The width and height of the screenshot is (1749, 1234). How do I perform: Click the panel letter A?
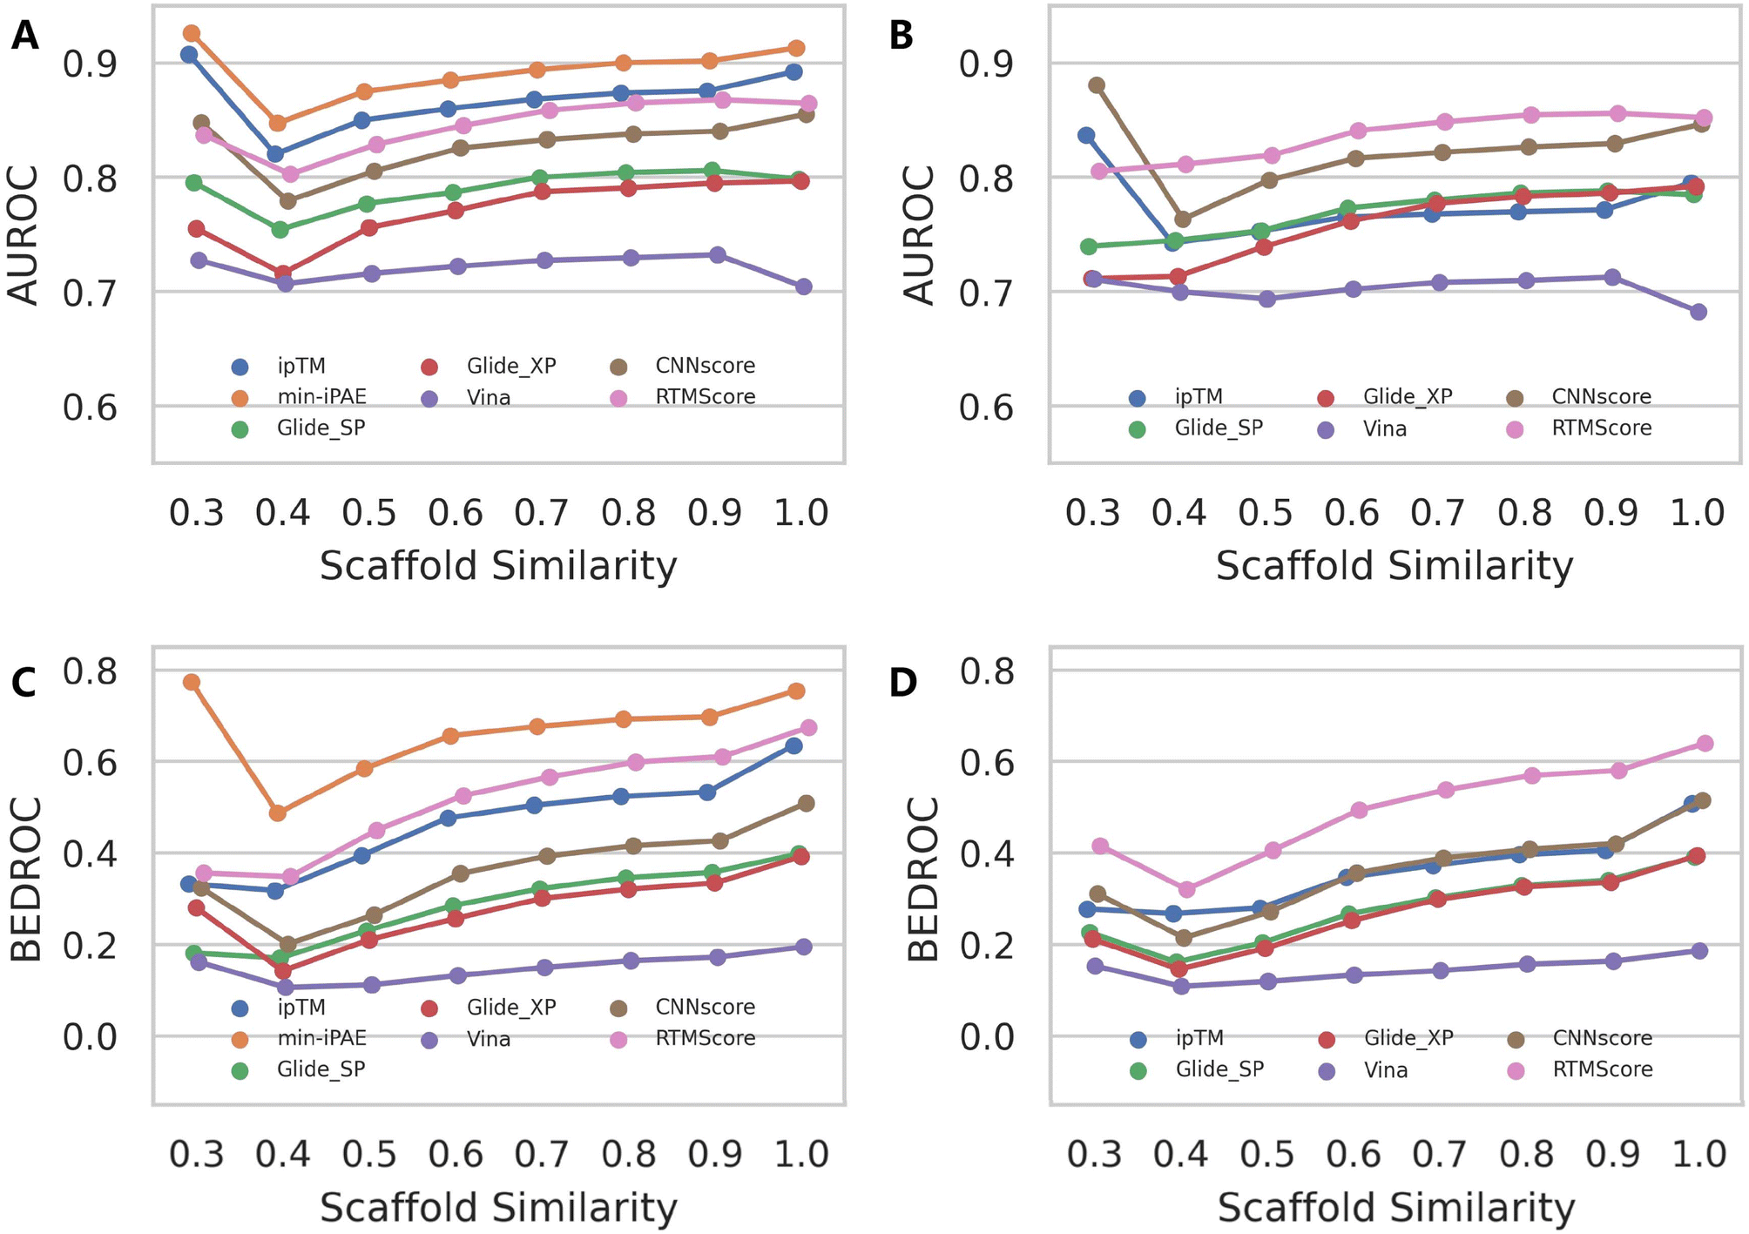pos(24,37)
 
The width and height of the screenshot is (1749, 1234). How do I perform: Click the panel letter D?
pos(902,681)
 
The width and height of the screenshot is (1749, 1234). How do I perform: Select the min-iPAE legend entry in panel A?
pos(321,397)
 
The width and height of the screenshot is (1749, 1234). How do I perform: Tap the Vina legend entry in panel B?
pos(1385,428)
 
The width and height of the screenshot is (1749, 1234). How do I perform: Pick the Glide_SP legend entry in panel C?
pos(321,1069)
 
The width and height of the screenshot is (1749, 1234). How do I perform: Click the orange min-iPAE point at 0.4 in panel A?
pos(278,123)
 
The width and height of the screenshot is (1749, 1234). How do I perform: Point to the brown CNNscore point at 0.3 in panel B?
pos(1097,85)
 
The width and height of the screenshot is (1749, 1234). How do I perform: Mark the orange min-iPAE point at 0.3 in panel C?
pos(192,682)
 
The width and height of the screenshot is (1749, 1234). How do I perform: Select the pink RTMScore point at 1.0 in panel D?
pos(1705,743)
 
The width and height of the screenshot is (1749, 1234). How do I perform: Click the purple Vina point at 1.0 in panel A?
pos(804,287)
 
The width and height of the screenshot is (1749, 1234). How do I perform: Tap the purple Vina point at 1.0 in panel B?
pos(1698,312)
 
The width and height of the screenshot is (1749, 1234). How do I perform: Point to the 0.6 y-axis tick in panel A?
pos(90,407)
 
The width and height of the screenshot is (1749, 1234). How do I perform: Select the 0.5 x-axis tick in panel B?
pos(1265,512)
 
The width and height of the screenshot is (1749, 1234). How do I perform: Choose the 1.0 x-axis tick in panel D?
pos(1698,1154)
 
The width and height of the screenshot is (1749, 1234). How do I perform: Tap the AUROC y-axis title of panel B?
pos(920,235)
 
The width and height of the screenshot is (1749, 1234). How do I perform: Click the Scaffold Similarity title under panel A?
pos(498,566)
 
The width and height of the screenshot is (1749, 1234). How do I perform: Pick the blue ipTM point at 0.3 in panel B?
pos(1086,135)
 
